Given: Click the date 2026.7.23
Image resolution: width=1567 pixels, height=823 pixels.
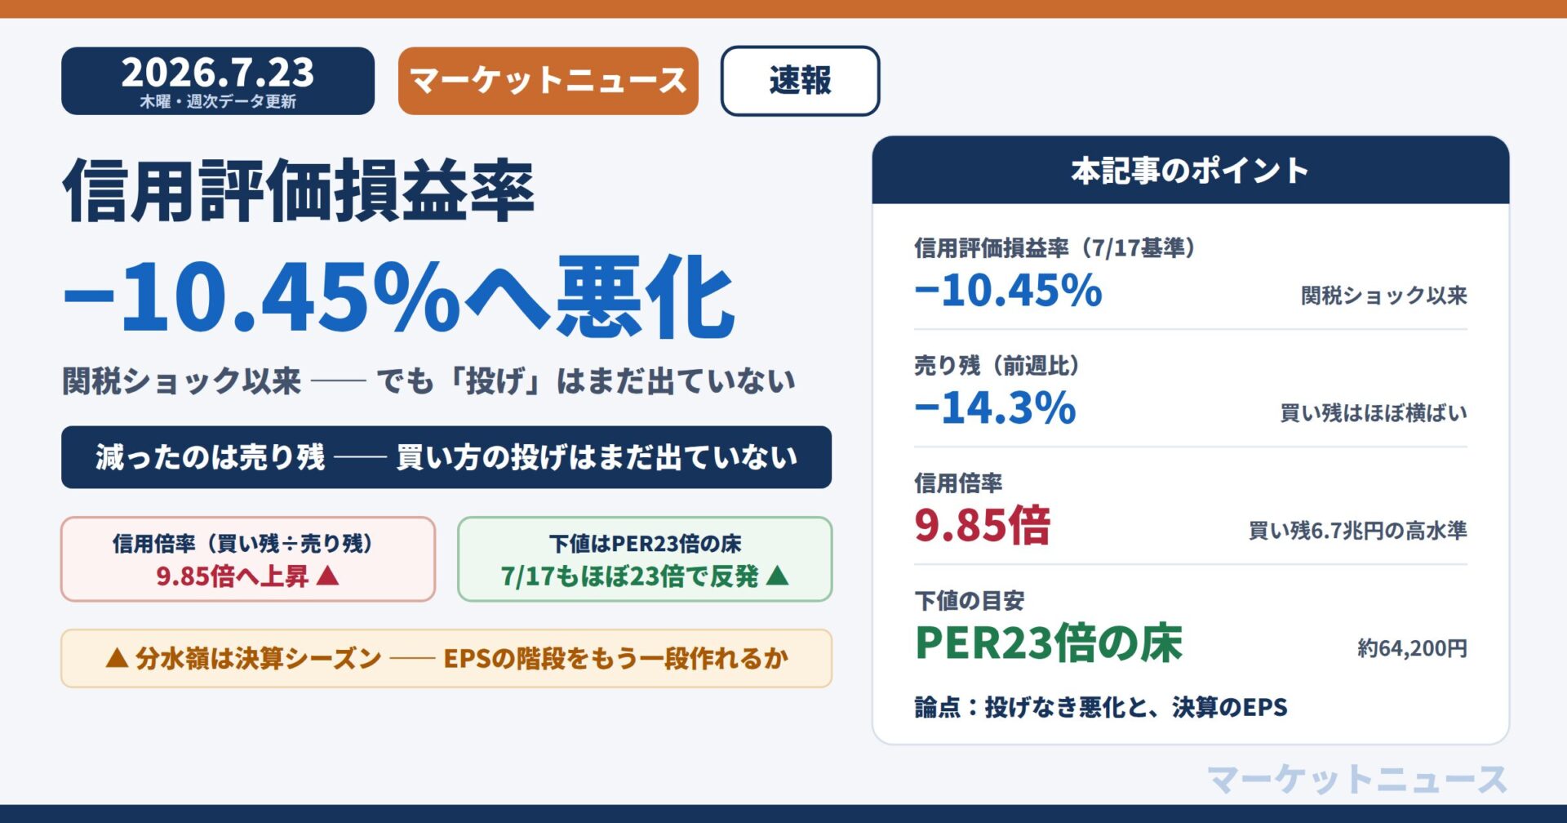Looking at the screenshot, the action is click(218, 73).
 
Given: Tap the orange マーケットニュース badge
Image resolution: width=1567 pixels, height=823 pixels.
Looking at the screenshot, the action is click(548, 81).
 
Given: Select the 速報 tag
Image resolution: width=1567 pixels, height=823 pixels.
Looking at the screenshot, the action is click(800, 81).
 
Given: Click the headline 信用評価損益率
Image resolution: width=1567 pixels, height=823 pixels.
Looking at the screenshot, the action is click(299, 190).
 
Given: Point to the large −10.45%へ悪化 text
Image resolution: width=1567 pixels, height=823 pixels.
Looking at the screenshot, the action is click(399, 296).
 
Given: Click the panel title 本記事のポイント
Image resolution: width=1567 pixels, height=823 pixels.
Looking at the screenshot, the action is click(1190, 171).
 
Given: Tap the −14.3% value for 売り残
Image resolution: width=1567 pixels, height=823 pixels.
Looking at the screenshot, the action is click(995, 407).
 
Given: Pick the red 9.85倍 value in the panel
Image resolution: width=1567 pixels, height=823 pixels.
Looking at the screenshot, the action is click(982, 525).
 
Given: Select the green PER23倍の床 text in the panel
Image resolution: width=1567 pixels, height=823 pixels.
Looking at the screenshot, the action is click(1049, 643).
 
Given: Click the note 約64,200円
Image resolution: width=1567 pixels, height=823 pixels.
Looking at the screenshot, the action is click(1412, 648).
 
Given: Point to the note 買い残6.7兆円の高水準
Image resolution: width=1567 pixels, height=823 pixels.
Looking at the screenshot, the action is click(1358, 531).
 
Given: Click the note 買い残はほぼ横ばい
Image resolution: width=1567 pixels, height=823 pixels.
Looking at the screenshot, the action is click(1374, 413).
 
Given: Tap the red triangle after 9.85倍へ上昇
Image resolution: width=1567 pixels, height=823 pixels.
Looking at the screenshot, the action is click(327, 576).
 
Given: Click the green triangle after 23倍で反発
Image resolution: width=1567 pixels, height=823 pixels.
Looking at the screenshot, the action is click(778, 576).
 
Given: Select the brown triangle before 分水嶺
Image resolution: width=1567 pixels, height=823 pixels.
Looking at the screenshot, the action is click(117, 658).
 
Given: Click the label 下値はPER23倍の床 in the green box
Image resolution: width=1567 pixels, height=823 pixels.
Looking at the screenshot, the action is click(645, 544).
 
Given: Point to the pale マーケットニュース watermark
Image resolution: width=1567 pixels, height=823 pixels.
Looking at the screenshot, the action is click(1356, 779).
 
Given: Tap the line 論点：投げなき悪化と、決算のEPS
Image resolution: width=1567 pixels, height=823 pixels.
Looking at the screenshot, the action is click(1101, 707).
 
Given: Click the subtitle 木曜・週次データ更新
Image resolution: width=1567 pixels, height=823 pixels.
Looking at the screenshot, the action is click(218, 101).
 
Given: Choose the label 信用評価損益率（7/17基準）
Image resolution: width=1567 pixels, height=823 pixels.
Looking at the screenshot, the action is click(1056, 247).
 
